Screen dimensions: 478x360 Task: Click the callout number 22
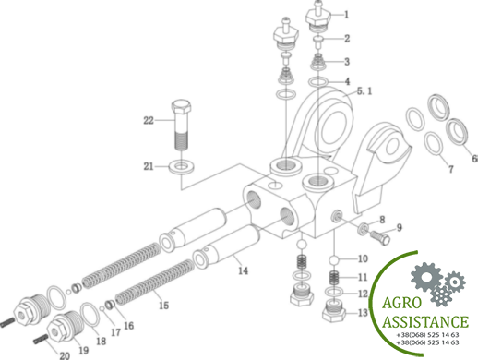tap(149, 120)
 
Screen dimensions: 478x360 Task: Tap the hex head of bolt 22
tap(181, 107)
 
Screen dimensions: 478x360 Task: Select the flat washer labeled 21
tap(182, 166)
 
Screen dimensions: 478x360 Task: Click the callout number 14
tap(243, 270)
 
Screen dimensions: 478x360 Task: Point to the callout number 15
tap(163, 306)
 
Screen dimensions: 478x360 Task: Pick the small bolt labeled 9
tap(380, 238)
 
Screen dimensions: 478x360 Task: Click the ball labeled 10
tap(334, 260)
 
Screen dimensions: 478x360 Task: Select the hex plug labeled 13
tap(334, 311)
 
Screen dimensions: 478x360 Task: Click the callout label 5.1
tap(364, 91)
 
